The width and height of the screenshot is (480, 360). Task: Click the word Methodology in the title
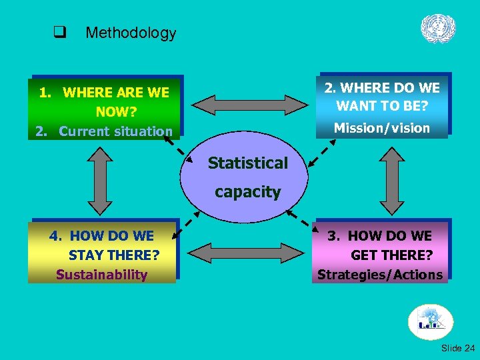coord(131,33)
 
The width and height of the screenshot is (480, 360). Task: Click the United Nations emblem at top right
coord(438,29)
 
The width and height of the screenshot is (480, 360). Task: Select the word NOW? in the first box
coord(116,112)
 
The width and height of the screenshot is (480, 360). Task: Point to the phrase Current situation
coord(115,131)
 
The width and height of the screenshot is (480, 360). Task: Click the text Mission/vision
coord(382,128)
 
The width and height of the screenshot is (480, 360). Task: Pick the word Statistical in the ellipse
coord(247,163)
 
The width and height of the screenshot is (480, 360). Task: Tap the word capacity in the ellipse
coord(247,192)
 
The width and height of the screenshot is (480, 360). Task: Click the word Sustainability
coord(101,275)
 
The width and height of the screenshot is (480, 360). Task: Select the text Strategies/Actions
coord(380,275)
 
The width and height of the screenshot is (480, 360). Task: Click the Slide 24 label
coord(458,348)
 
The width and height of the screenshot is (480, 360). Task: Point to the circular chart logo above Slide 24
coord(430,322)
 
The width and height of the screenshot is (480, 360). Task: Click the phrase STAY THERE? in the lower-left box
coord(113,255)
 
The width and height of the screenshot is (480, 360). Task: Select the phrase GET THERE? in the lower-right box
coord(391,255)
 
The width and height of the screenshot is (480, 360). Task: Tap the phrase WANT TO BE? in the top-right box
coord(382,105)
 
